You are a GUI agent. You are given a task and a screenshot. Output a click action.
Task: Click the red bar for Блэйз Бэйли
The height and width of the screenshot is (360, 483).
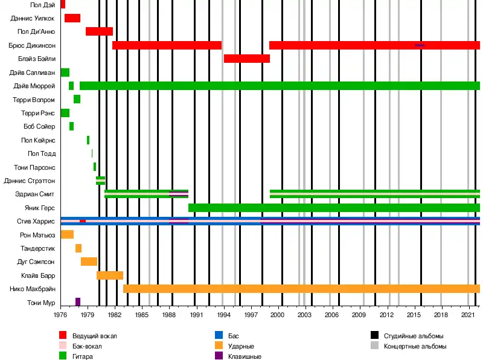click(x=246, y=59)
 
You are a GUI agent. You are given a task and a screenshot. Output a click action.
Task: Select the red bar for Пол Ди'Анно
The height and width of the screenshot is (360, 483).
click(x=99, y=31)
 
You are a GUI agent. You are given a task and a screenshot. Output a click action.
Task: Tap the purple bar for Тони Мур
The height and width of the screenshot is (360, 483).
click(x=78, y=301)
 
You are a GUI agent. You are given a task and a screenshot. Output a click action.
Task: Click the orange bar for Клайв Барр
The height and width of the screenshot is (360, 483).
click(x=110, y=275)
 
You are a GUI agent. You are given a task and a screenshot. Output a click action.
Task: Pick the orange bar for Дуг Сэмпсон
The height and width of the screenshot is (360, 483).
click(x=89, y=262)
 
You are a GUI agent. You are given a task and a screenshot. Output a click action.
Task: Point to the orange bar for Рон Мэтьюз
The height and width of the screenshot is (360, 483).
click(x=67, y=234)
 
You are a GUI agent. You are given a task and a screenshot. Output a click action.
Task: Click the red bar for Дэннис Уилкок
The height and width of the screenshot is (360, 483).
click(x=72, y=18)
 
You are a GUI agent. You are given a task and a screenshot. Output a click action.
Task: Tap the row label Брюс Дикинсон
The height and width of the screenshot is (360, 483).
click(x=32, y=45)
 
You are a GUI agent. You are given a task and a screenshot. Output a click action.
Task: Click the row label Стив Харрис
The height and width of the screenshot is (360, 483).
click(x=36, y=222)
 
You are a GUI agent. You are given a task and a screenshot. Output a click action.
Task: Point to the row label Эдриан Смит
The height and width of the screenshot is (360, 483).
click(x=35, y=194)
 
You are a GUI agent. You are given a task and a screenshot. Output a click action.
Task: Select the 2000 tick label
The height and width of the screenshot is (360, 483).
click(x=278, y=315)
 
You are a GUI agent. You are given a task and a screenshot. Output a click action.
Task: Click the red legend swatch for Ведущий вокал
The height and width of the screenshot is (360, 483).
click(x=63, y=335)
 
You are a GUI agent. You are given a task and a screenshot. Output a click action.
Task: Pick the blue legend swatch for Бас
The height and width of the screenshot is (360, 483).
click(x=219, y=335)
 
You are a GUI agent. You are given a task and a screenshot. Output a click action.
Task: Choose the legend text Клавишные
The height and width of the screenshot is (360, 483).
click(x=245, y=357)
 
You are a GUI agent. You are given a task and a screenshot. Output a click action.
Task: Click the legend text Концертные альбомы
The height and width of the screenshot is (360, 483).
click(x=415, y=346)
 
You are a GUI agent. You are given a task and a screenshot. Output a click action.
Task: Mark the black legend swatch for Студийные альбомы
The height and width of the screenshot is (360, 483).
click(x=375, y=335)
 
